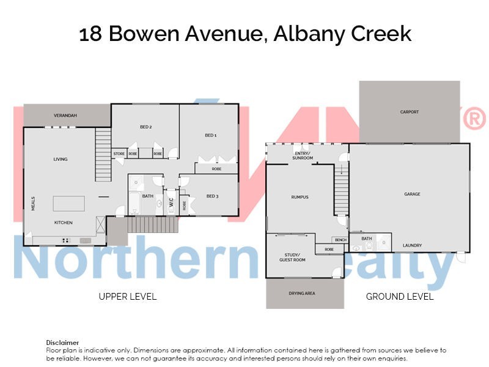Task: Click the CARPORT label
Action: (409, 112)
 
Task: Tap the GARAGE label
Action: (412, 194)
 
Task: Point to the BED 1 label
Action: (211, 135)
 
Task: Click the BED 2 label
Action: (145, 127)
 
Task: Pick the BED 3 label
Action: (212, 196)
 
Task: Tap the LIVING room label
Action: (60, 159)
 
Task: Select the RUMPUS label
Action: (300, 197)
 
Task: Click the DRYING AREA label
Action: (301, 294)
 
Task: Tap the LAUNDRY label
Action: (412, 245)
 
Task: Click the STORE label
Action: (119, 154)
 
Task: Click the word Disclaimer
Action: (62, 343)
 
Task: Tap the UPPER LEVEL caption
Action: (128, 297)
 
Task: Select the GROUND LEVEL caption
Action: (400, 297)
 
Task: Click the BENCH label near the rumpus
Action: (340, 240)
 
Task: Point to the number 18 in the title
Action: (90, 34)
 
